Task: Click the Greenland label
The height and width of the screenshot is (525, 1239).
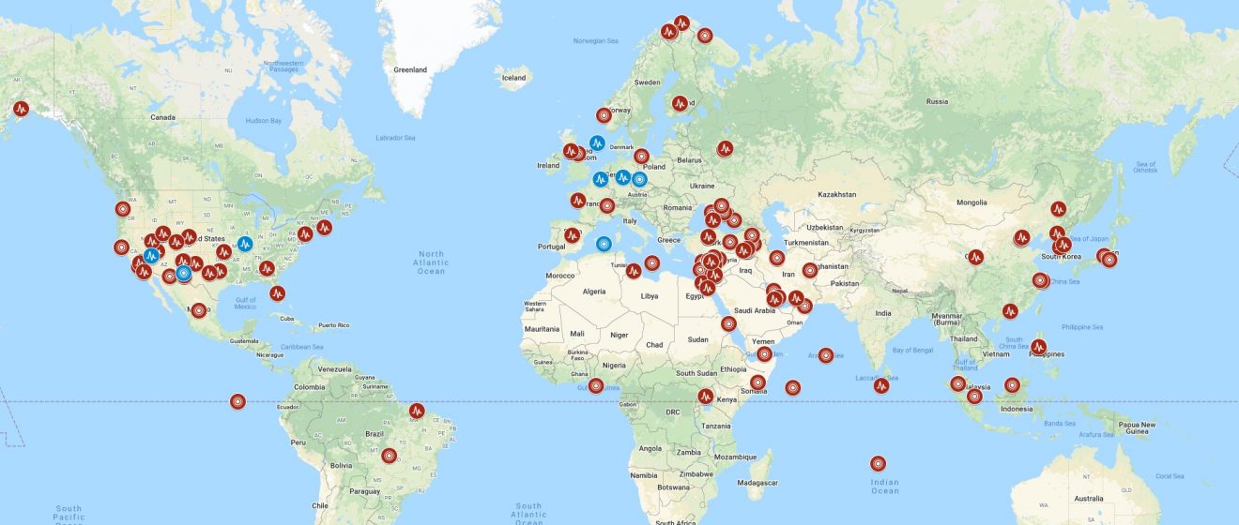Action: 410,69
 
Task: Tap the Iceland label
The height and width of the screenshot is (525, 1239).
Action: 513,78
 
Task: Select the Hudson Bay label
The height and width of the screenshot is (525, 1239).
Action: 263,121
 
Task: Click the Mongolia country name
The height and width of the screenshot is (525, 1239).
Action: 971,202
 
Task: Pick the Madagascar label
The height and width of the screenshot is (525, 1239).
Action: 758,482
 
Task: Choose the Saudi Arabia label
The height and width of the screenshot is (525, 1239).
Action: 755,310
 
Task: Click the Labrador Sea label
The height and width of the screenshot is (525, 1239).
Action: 395,138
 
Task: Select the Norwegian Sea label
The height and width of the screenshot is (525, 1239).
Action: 595,41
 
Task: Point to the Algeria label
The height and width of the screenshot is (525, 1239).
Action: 595,292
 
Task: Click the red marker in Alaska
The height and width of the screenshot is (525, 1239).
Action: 21,108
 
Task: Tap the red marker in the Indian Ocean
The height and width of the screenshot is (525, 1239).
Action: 878,463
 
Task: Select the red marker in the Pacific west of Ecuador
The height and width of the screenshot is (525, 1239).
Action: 237,401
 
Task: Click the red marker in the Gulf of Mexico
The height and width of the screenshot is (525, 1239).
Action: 277,292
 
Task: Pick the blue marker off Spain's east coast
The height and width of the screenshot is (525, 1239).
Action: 604,244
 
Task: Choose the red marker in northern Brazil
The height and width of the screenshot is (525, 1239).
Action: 417,410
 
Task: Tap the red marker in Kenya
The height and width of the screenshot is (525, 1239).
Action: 706,397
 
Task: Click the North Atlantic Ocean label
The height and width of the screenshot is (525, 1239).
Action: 431,262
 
